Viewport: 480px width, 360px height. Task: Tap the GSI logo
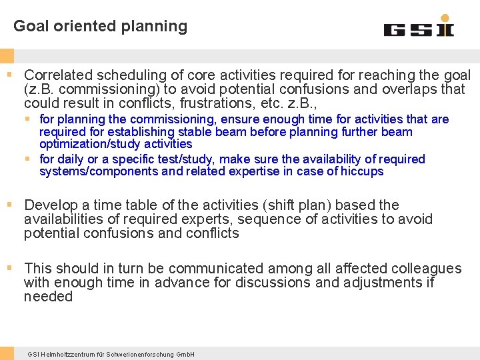tap(419, 28)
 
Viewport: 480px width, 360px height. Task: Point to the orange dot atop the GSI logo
tap(445, 17)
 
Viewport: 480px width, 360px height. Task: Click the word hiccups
tap(362, 171)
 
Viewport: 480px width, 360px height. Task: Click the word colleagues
tap(427, 269)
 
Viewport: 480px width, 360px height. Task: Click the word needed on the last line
tap(48, 297)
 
